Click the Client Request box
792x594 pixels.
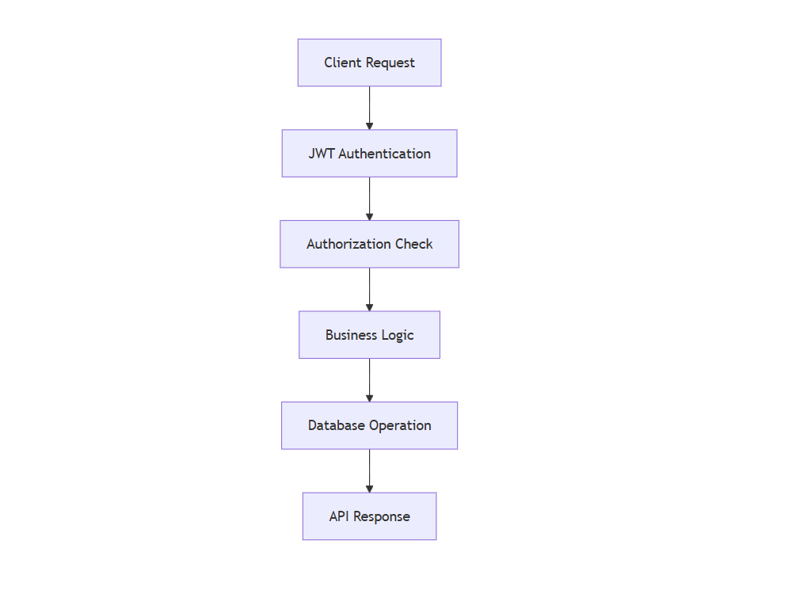369,63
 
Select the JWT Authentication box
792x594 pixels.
369,154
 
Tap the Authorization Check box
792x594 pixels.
369,244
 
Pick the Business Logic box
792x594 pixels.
369,335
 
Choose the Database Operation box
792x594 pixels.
369,425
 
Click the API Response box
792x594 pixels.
369,516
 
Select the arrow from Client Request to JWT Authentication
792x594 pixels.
369,108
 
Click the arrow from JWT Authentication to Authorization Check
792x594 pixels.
369,199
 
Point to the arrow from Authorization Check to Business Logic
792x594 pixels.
369,289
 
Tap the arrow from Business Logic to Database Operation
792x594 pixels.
369,380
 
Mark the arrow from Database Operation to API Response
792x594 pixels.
369,470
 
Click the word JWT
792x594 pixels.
322,154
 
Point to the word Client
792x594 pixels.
343,63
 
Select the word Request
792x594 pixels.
390,63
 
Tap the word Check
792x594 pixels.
413,244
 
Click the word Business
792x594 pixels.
351,335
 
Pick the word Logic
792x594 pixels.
398,335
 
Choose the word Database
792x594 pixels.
337,425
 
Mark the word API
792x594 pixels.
339,516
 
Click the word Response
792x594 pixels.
382,516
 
